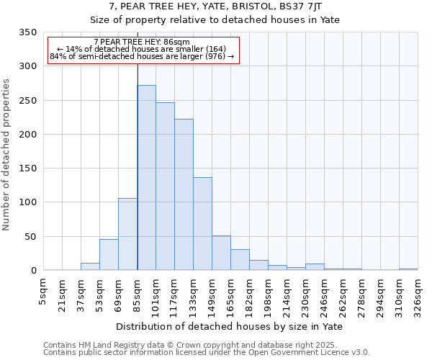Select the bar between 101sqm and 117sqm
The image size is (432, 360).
click(165, 186)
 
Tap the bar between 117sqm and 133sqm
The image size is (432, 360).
click(184, 194)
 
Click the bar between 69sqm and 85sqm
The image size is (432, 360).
click(127, 234)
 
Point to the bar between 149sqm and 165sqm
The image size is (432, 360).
click(221, 253)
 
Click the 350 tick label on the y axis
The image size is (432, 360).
click(27, 32)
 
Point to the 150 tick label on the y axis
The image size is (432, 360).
click(27, 168)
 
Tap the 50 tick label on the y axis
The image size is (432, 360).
click(30, 236)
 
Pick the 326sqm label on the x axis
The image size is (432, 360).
click(418, 292)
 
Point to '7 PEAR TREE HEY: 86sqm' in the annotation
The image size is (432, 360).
click(142, 42)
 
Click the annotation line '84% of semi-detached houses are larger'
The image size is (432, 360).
click(142, 56)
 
